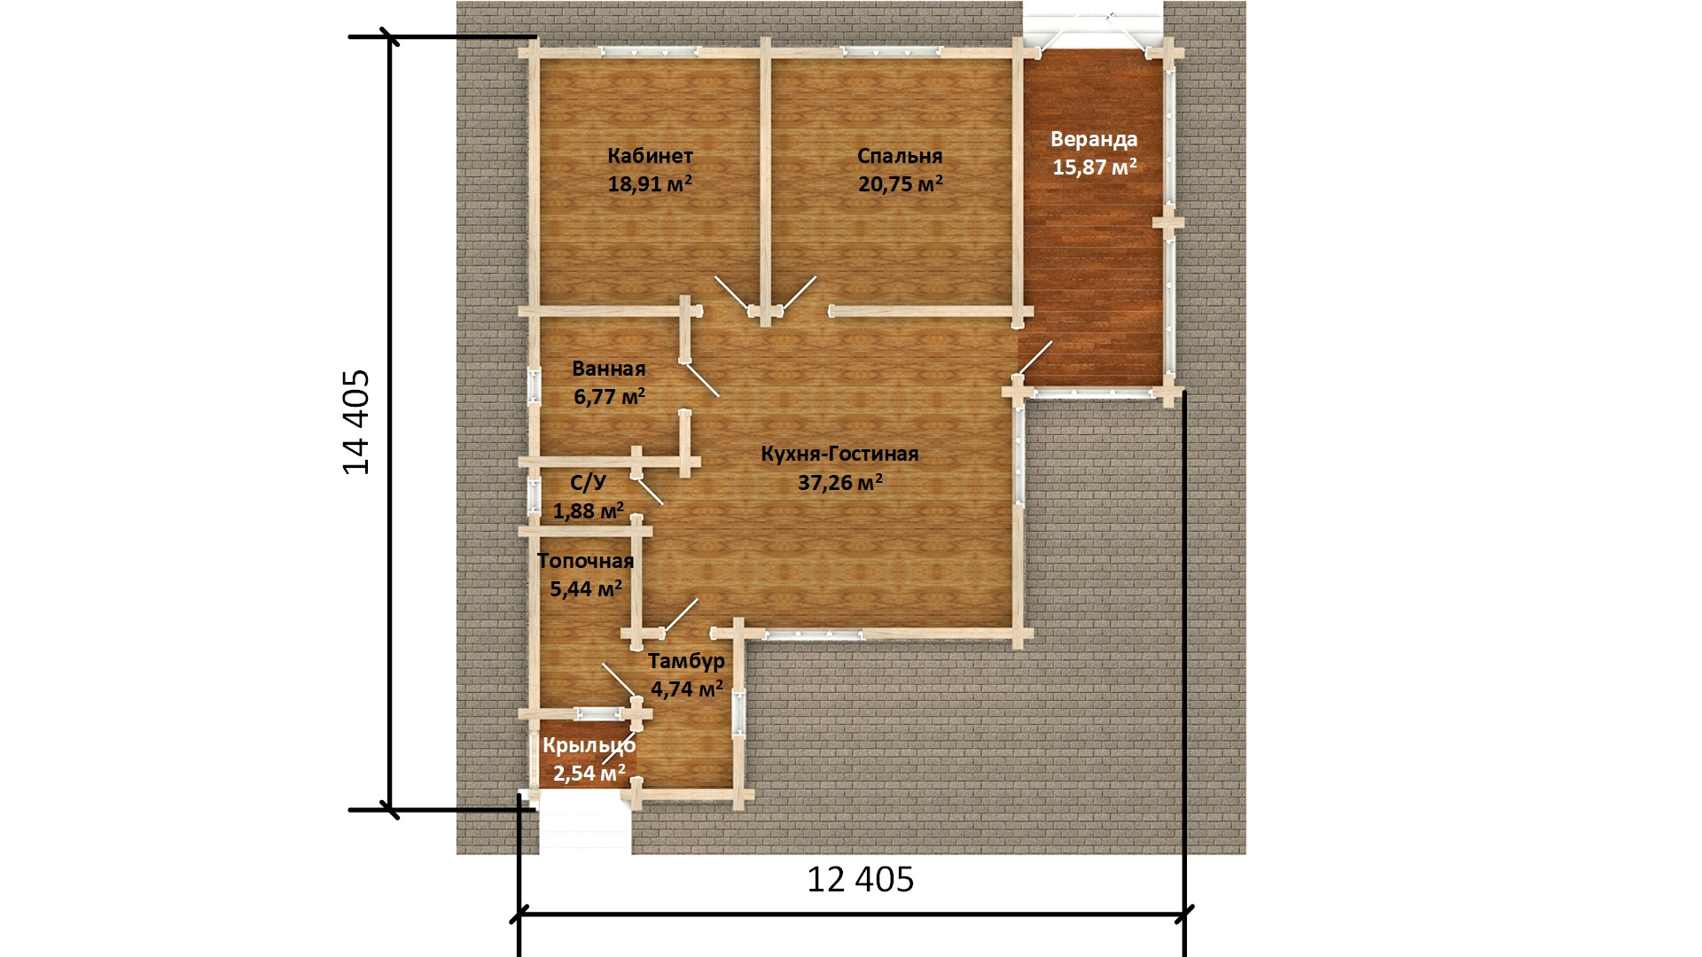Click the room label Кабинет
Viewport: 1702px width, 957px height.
[x=650, y=157]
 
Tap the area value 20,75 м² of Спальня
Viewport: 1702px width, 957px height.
[x=900, y=183]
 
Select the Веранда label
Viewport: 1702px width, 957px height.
[x=1094, y=139]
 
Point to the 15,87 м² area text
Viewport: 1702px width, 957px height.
[x=1094, y=167]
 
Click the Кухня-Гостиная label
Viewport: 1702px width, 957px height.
[x=839, y=455]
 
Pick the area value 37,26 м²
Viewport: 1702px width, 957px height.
[x=839, y=482]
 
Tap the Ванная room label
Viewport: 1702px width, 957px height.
[x=609, y=369]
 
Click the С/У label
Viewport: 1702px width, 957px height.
[x=589, y=483]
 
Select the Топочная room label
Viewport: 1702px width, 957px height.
[x=585, y=561]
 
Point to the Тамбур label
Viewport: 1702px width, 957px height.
[x=686, y=661]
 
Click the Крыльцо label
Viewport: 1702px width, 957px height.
[x=589, y=746]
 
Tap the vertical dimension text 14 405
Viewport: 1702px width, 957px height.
[x=356, y=422]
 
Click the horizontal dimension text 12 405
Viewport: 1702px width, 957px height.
[x=860, y=879]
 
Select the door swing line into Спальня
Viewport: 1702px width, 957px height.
[x=798, y=293]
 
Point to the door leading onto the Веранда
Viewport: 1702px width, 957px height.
[x=1034, y=358]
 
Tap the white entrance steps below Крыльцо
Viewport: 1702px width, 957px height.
[x=585, y=823]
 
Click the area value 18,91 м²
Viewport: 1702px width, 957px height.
[x=650, y=183]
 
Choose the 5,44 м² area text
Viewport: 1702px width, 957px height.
[x=585, y=588]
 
